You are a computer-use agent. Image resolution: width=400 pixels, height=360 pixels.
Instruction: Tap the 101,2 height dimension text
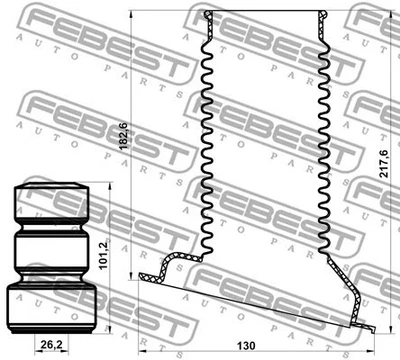104,250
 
